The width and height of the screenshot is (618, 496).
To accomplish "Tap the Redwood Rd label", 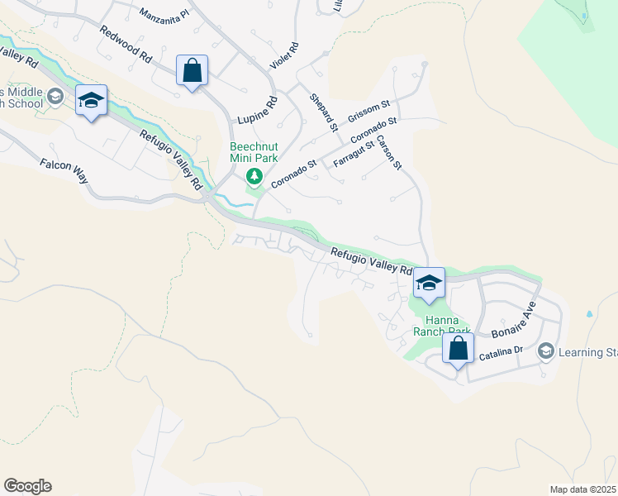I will (126, 45).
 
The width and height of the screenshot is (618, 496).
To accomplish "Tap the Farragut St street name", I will (354, 154).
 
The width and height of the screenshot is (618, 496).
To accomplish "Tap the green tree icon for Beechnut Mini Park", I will (254, 175).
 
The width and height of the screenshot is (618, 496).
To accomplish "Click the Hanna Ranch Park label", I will (448, 326).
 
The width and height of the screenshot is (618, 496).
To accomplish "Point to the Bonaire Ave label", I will (514, 321).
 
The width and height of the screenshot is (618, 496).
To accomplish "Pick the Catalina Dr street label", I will (501, 353).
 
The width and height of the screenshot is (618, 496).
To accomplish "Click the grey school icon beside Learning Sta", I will (545, 352).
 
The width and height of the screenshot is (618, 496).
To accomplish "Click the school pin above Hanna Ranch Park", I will (429, 283).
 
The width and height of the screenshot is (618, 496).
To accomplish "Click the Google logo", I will (27, 486).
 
